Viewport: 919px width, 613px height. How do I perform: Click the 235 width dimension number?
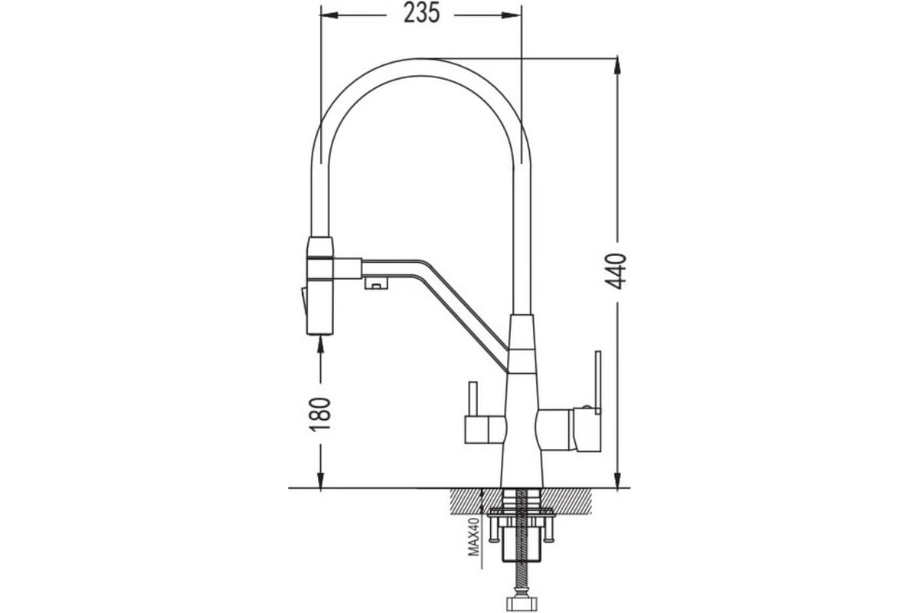[x=422, y=13]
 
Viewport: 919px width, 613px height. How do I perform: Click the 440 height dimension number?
[x=616, y=271]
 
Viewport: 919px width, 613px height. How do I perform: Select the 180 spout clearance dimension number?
[x=320, y=414]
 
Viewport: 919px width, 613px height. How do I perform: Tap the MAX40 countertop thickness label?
[x=474, y=536]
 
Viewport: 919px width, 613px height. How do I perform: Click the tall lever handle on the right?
[x=598, y=382]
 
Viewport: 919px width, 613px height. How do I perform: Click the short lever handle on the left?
[x=473, y=399]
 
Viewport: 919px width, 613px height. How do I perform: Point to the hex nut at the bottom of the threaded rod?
[x=522, y=603]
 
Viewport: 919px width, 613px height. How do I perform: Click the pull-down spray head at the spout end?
[x=320, y=286]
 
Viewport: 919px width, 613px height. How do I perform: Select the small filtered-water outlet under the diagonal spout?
[x=376, y=283]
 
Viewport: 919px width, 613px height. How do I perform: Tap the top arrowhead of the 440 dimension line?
[x=616, y=66]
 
